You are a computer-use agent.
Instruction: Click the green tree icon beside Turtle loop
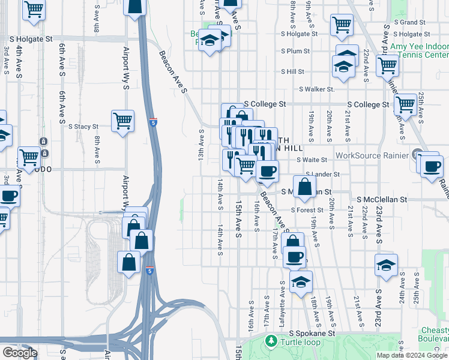(271, 341)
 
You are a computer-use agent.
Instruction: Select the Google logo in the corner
(20, 353)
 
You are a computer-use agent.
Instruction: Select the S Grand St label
(409, 22)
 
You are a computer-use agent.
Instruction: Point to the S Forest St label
(307, 210)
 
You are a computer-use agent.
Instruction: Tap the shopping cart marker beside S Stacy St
(123, 120)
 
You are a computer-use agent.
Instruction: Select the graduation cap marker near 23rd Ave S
(387, 264)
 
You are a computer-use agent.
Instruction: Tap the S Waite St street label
(312, 160)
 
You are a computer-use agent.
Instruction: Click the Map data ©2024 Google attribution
(412, 355)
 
